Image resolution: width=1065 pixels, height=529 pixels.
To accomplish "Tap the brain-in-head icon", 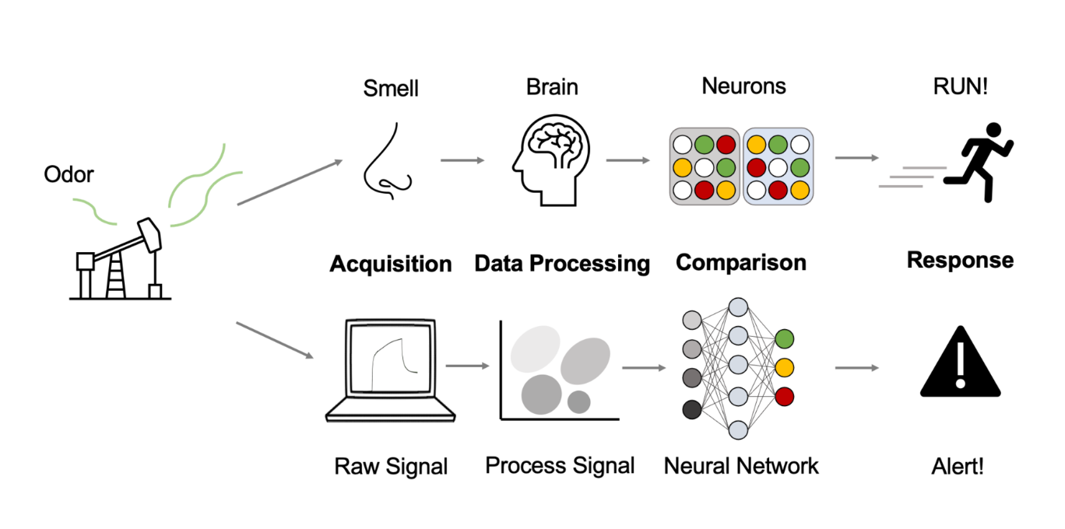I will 550,160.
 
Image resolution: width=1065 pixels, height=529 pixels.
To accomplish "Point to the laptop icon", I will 390,370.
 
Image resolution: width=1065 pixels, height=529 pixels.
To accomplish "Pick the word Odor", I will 69,175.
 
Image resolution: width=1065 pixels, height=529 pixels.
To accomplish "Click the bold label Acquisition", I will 390,264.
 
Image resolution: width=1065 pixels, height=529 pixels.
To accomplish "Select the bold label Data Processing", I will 562,264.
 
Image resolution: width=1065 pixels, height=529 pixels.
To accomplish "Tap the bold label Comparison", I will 740,262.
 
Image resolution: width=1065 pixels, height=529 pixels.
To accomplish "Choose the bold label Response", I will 960,260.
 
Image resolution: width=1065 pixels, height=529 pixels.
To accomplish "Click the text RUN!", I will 960,86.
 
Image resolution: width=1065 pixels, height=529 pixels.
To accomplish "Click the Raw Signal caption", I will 391,467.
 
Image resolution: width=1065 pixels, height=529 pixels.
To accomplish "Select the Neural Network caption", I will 740,466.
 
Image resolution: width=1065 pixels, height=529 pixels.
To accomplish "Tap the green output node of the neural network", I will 784,338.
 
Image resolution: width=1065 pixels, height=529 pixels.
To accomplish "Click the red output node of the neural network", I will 784,396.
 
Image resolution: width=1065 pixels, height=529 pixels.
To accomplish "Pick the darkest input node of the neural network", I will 691,409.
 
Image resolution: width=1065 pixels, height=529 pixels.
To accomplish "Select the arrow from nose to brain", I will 462,160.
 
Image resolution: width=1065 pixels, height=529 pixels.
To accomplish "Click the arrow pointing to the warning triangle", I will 856,367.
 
